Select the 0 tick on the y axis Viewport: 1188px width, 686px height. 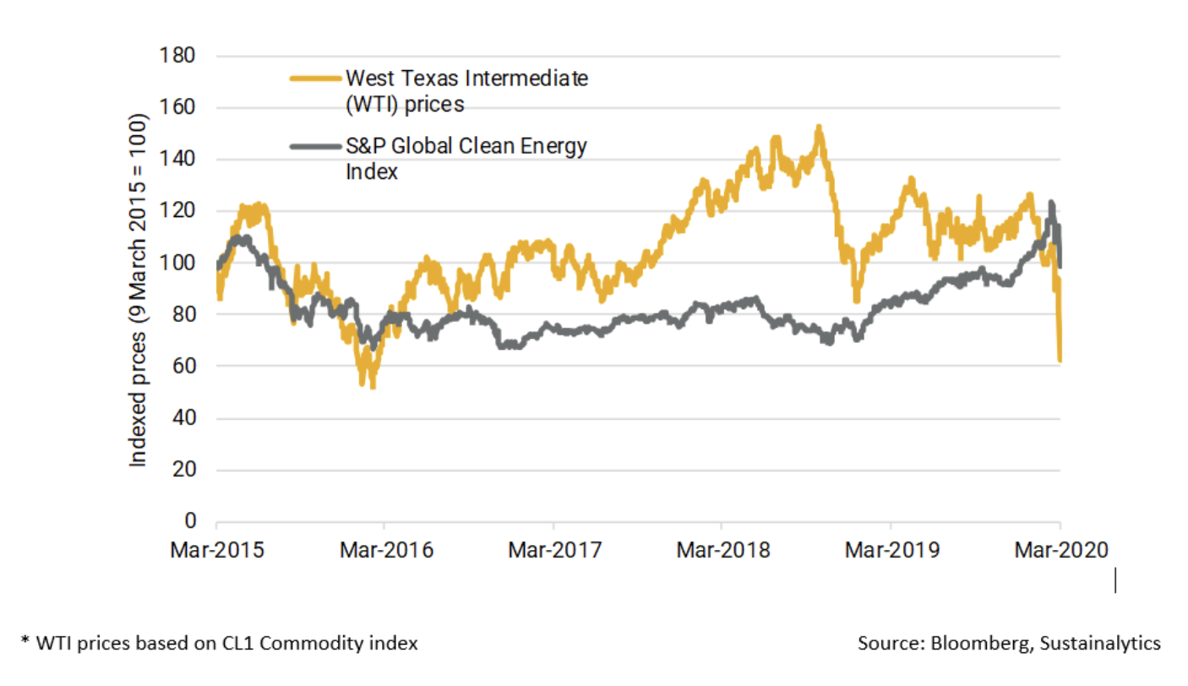191,521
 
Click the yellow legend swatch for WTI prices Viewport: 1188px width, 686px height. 315,79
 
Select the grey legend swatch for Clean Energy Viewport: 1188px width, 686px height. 315,146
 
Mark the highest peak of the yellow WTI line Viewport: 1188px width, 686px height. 818,128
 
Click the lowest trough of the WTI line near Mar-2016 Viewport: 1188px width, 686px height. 373,385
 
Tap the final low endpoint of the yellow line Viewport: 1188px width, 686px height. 1060,361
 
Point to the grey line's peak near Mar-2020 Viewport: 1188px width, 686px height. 1051,203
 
